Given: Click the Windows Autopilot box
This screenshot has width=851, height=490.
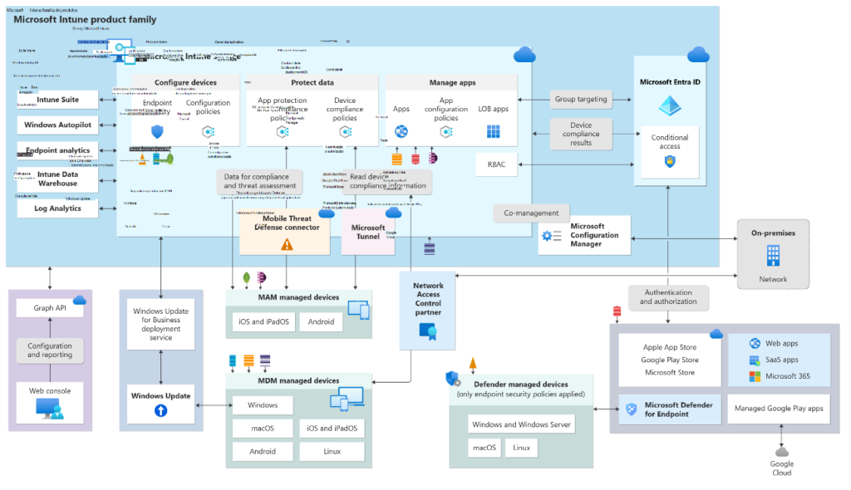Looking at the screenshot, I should [58, 125].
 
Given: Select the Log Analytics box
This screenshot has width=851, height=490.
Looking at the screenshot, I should [58, 208].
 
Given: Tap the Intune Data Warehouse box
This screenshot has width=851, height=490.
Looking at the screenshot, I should [58, 179].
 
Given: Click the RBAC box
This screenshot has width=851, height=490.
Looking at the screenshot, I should [497, 164].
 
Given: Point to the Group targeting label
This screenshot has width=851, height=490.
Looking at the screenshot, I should [581, 99].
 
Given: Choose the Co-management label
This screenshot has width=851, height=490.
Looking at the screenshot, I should [532, 213].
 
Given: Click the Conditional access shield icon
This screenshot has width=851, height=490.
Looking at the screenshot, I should [670, 161].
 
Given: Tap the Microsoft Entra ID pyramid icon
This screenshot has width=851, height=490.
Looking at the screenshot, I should [670, 105].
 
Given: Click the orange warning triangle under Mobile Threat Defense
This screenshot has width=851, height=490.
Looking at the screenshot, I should [287, 244].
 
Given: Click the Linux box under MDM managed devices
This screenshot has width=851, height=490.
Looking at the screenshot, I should [332, 452].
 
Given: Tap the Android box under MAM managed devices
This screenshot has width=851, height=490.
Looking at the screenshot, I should [321, 321].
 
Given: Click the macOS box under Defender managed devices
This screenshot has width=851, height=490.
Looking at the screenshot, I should [485, 448].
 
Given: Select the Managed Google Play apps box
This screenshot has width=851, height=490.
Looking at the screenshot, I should [780, 409].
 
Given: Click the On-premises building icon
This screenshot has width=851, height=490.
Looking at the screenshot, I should [773, 256].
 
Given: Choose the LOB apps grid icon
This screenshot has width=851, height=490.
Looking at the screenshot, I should [494, 132].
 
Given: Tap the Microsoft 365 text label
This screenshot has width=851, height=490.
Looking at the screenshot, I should [787, 376].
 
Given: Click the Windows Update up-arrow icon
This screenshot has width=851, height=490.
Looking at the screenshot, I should [161, 410].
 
